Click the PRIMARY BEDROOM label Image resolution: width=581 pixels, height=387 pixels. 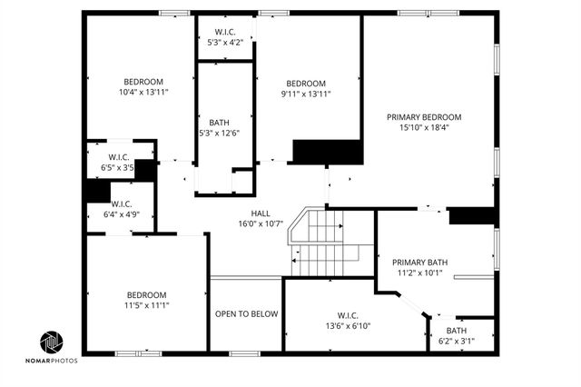click(x=424, y=116)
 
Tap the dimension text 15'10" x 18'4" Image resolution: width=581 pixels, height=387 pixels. click(x=424, y=127)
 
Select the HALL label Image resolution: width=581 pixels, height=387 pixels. click(x=261, y=213)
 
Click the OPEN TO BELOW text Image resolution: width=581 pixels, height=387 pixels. click(x=246, y=314)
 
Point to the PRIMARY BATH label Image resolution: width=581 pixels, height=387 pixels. click(x=420, y=262)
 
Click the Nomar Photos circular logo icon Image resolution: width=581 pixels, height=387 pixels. click(x=52, y=342)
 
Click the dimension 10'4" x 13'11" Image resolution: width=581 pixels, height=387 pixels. click(x=144, y=92)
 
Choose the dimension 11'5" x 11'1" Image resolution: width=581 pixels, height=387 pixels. click(x=146, y=305)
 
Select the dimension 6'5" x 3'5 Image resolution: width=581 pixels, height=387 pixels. click(x=115, y=167)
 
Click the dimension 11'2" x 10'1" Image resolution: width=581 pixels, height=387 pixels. click(x=420, y=272)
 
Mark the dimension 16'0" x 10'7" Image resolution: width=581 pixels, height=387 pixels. click(x=261, y=223)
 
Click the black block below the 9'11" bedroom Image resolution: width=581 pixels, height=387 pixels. click(x=328, y=152)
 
